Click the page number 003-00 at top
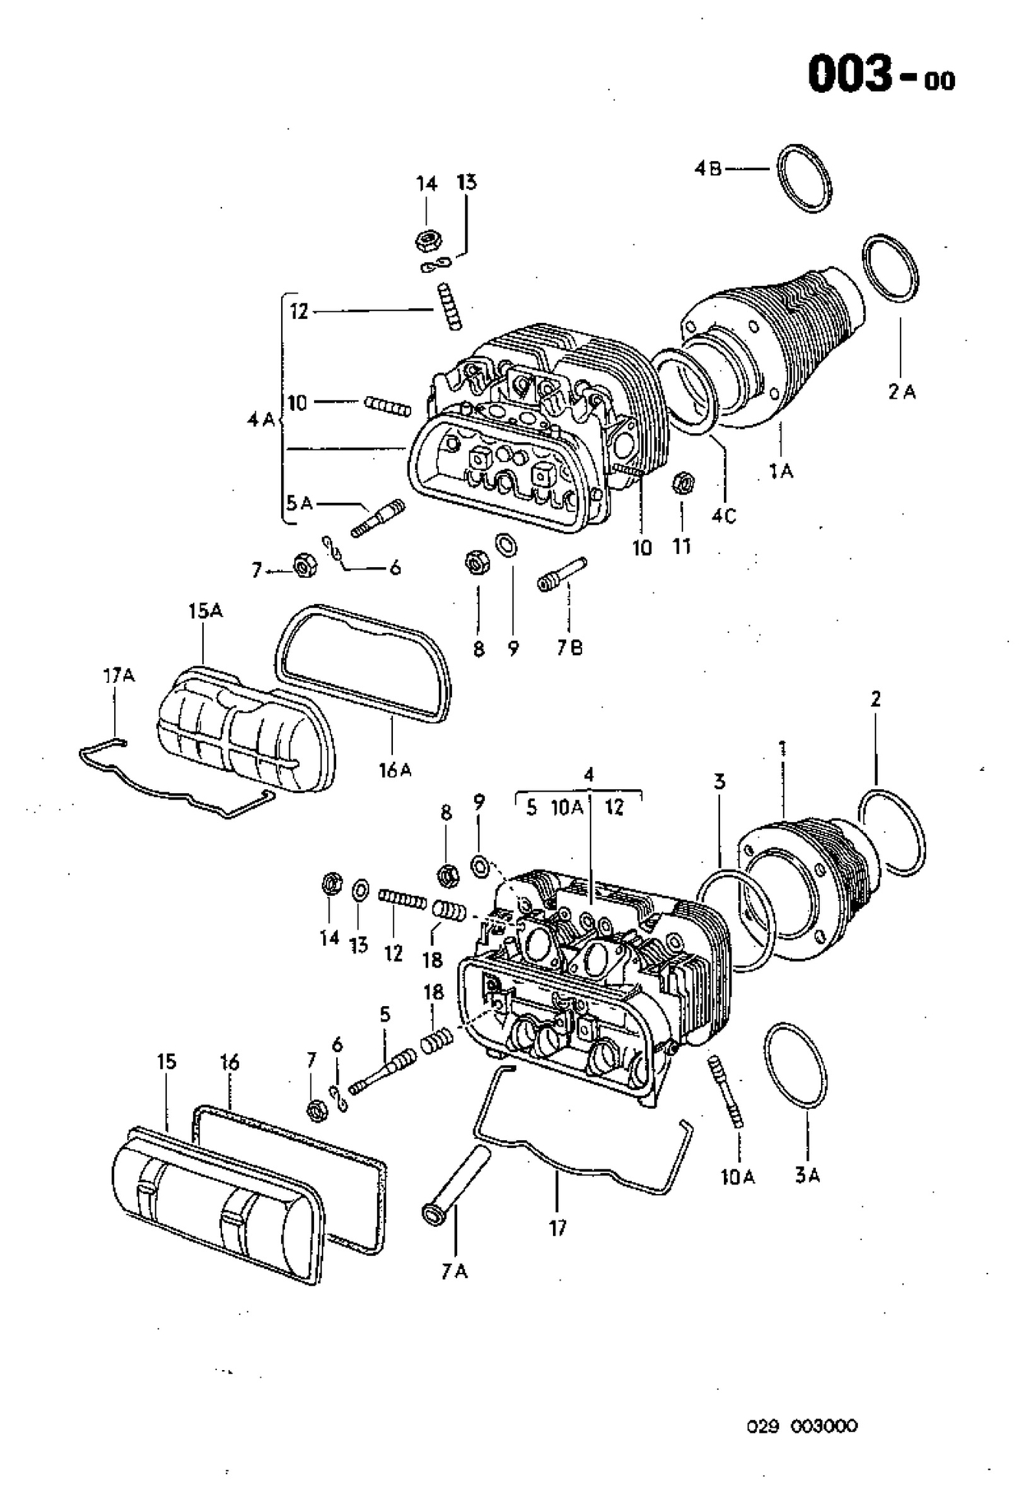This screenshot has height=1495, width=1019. (x=881, y=76)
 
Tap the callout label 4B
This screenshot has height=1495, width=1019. (x=707, y=168)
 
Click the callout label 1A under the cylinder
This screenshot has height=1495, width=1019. (x=781, y=471)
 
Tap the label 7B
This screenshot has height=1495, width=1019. (x=569, y=648)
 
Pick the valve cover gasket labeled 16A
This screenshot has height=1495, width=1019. (x=365, y=662)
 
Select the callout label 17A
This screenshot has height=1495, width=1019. (x=118, y=676)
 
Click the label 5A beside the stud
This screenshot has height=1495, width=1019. (x=300, y=502)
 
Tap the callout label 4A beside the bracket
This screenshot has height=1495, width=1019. (x=261, y=420)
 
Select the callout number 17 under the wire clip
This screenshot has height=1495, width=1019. (x=558, y=1228)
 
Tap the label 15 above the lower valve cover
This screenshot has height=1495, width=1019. (x=166, y=1062)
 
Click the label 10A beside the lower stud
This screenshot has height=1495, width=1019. (x=737, y=1177)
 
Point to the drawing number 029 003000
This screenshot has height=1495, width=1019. (x=802, y=1426)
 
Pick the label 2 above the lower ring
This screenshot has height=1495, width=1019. (x=876, y=699)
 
